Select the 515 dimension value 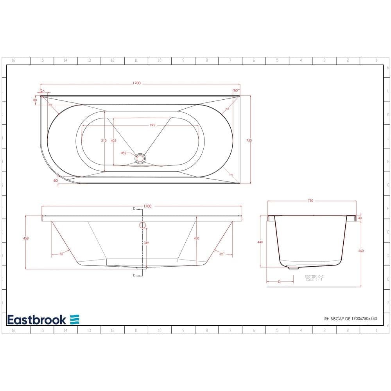[103, 140]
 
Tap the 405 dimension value [113, 140]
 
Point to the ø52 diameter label [124, 153]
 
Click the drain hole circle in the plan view [140, 158]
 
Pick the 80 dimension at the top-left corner [35, 100]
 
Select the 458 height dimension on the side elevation [26, 238]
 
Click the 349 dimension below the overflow [146, 243]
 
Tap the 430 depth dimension [197, 238]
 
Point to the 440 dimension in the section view [260, 242]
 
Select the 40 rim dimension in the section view [360, 218]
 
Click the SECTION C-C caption [314, 276]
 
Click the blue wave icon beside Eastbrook [75, 319]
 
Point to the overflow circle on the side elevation [142, 225]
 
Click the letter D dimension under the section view [279, 282]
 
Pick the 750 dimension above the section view [310, 201]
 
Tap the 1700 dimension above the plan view [136, 83]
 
